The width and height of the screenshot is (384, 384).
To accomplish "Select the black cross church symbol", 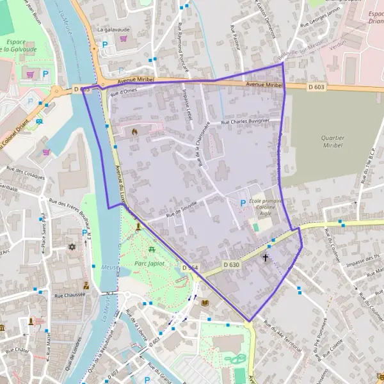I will (266, 258).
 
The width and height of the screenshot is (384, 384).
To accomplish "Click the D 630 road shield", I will (232, 264).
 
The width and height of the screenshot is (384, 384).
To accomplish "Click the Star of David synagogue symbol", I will (70, 246).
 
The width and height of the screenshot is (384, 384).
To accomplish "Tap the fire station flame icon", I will (134, 131).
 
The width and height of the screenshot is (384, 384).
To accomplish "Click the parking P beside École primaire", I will (242, 204).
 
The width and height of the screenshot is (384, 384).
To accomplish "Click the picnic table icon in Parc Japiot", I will (152, 250).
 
